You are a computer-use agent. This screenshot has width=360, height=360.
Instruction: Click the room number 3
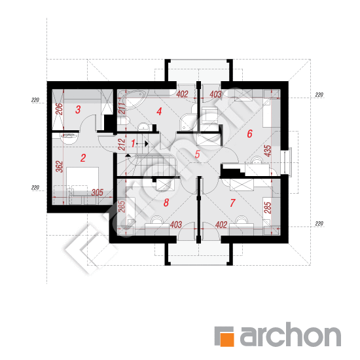(78, 109)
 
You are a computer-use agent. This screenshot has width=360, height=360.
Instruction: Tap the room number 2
(83, 158)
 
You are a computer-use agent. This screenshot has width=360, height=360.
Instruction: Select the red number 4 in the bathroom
(159, 111)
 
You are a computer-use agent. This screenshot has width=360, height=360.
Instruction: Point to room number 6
(249, 134)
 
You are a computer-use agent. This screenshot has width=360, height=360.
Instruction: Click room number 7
(232, 203)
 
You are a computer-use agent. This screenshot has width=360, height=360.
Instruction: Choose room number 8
(166, 203)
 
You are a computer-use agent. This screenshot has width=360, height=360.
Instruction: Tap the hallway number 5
(197, 154)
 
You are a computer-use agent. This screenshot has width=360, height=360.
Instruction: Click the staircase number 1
(133, 143)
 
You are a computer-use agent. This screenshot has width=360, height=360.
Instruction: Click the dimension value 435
(268, 151)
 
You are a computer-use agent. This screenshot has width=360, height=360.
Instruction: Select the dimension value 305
(98, 192)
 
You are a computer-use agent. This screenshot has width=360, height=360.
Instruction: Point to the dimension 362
(59, 166)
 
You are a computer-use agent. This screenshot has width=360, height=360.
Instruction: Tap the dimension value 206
(59, 109)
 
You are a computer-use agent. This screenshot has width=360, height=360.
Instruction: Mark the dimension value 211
(122, 109)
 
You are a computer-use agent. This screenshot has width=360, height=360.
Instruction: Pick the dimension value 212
(122, 145)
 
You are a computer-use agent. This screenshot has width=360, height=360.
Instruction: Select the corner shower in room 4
(189, 122)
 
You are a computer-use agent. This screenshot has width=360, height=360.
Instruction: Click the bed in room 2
(82, 179)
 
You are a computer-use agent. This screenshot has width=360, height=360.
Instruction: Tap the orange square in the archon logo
(227, 339)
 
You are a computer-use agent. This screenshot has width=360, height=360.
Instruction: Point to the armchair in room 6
(209, 115)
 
